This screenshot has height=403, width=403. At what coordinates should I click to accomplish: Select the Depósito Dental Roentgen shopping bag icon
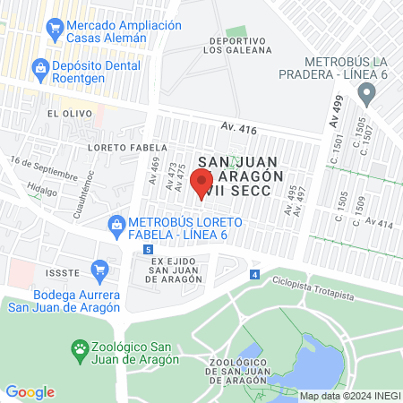[x=40, y=67]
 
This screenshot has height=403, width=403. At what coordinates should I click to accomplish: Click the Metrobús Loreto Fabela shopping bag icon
[x=116, y=223]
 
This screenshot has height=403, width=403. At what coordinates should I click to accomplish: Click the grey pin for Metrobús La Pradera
[x=365, y=93]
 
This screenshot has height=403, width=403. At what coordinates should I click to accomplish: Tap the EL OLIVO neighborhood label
[x=65, y=114]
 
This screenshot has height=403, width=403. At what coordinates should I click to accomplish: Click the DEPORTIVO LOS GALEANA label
[x=238, y=46]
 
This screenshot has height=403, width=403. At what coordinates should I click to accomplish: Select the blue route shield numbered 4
[x=255, y=274]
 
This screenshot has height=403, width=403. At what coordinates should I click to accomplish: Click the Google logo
[x=30, y=391]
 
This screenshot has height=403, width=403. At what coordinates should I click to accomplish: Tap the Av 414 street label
[x=378, y=223]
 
